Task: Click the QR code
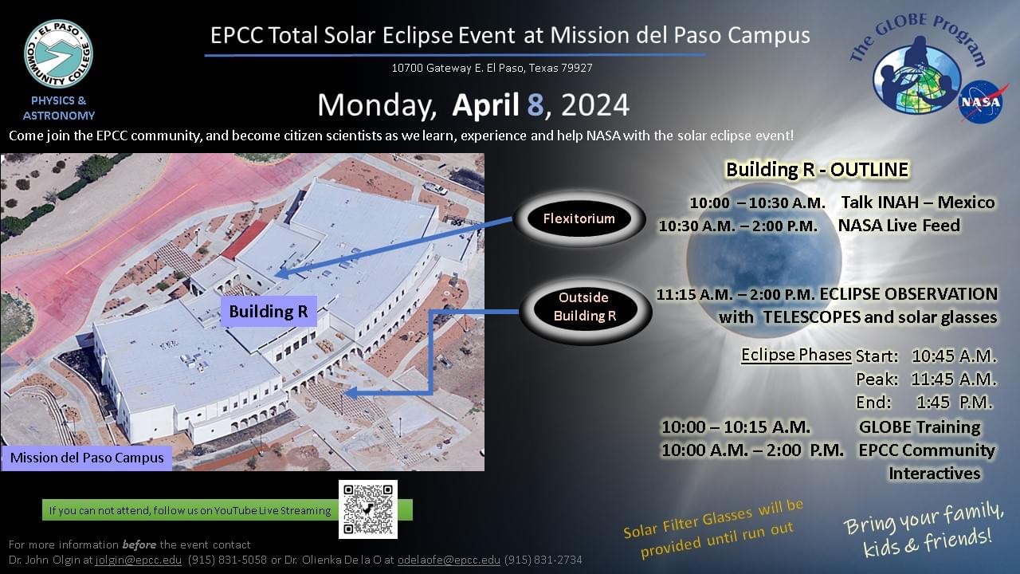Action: (367, 509)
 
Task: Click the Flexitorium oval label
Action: (579, 218)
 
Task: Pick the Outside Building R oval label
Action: (585, 307)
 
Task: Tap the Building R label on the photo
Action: (268, 312)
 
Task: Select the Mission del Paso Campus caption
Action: (87, 458)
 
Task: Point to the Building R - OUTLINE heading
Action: (816, 170)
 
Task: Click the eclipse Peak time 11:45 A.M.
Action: (954, 379)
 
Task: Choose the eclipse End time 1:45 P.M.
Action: (955, 402)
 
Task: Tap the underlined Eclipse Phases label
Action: (795, 355)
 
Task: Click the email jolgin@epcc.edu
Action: (139, 560)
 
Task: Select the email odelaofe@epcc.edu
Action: (449, 560)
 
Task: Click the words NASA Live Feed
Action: (898, 226)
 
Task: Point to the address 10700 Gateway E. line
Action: (492, 68)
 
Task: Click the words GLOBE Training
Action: (919, 427)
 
